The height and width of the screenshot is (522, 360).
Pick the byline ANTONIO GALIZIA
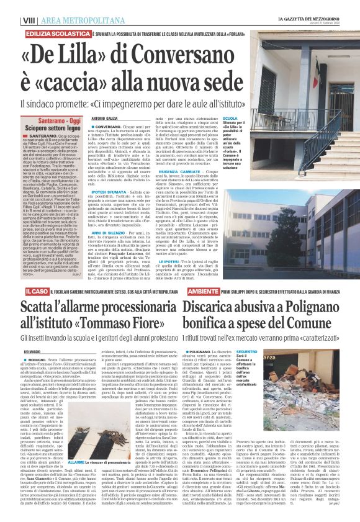pyautogui.click(x=104, y=118)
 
